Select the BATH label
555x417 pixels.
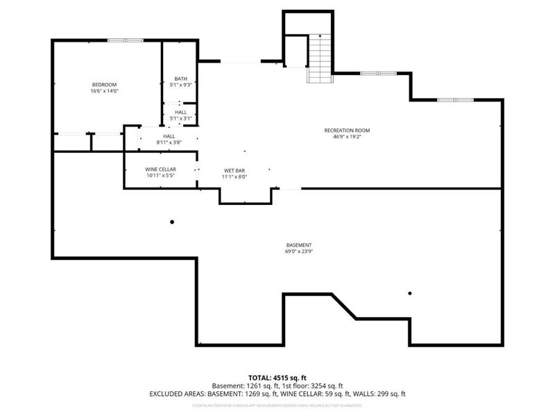[x=180, y=79]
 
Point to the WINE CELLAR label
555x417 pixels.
[x=160, y=170]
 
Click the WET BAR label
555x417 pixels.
[x=233, y=170]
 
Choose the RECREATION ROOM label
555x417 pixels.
[x=347, y=130]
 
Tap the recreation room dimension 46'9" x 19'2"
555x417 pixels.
[x=347, y=137]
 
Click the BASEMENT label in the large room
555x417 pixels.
[x=299, y=245]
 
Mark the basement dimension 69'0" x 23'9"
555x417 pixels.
[x=299, y=252]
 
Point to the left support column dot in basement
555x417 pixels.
[x=172, y=222]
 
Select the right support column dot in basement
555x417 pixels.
[x=410, y=293]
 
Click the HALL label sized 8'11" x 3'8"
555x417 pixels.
[x=169, y=136]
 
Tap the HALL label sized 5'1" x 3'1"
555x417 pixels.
[x=180, y=112]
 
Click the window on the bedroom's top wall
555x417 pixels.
[x=125, y=40]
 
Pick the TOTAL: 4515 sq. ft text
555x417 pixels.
[x=277, y=377]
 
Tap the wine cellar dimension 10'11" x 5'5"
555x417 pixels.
[x=160, y=177]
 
